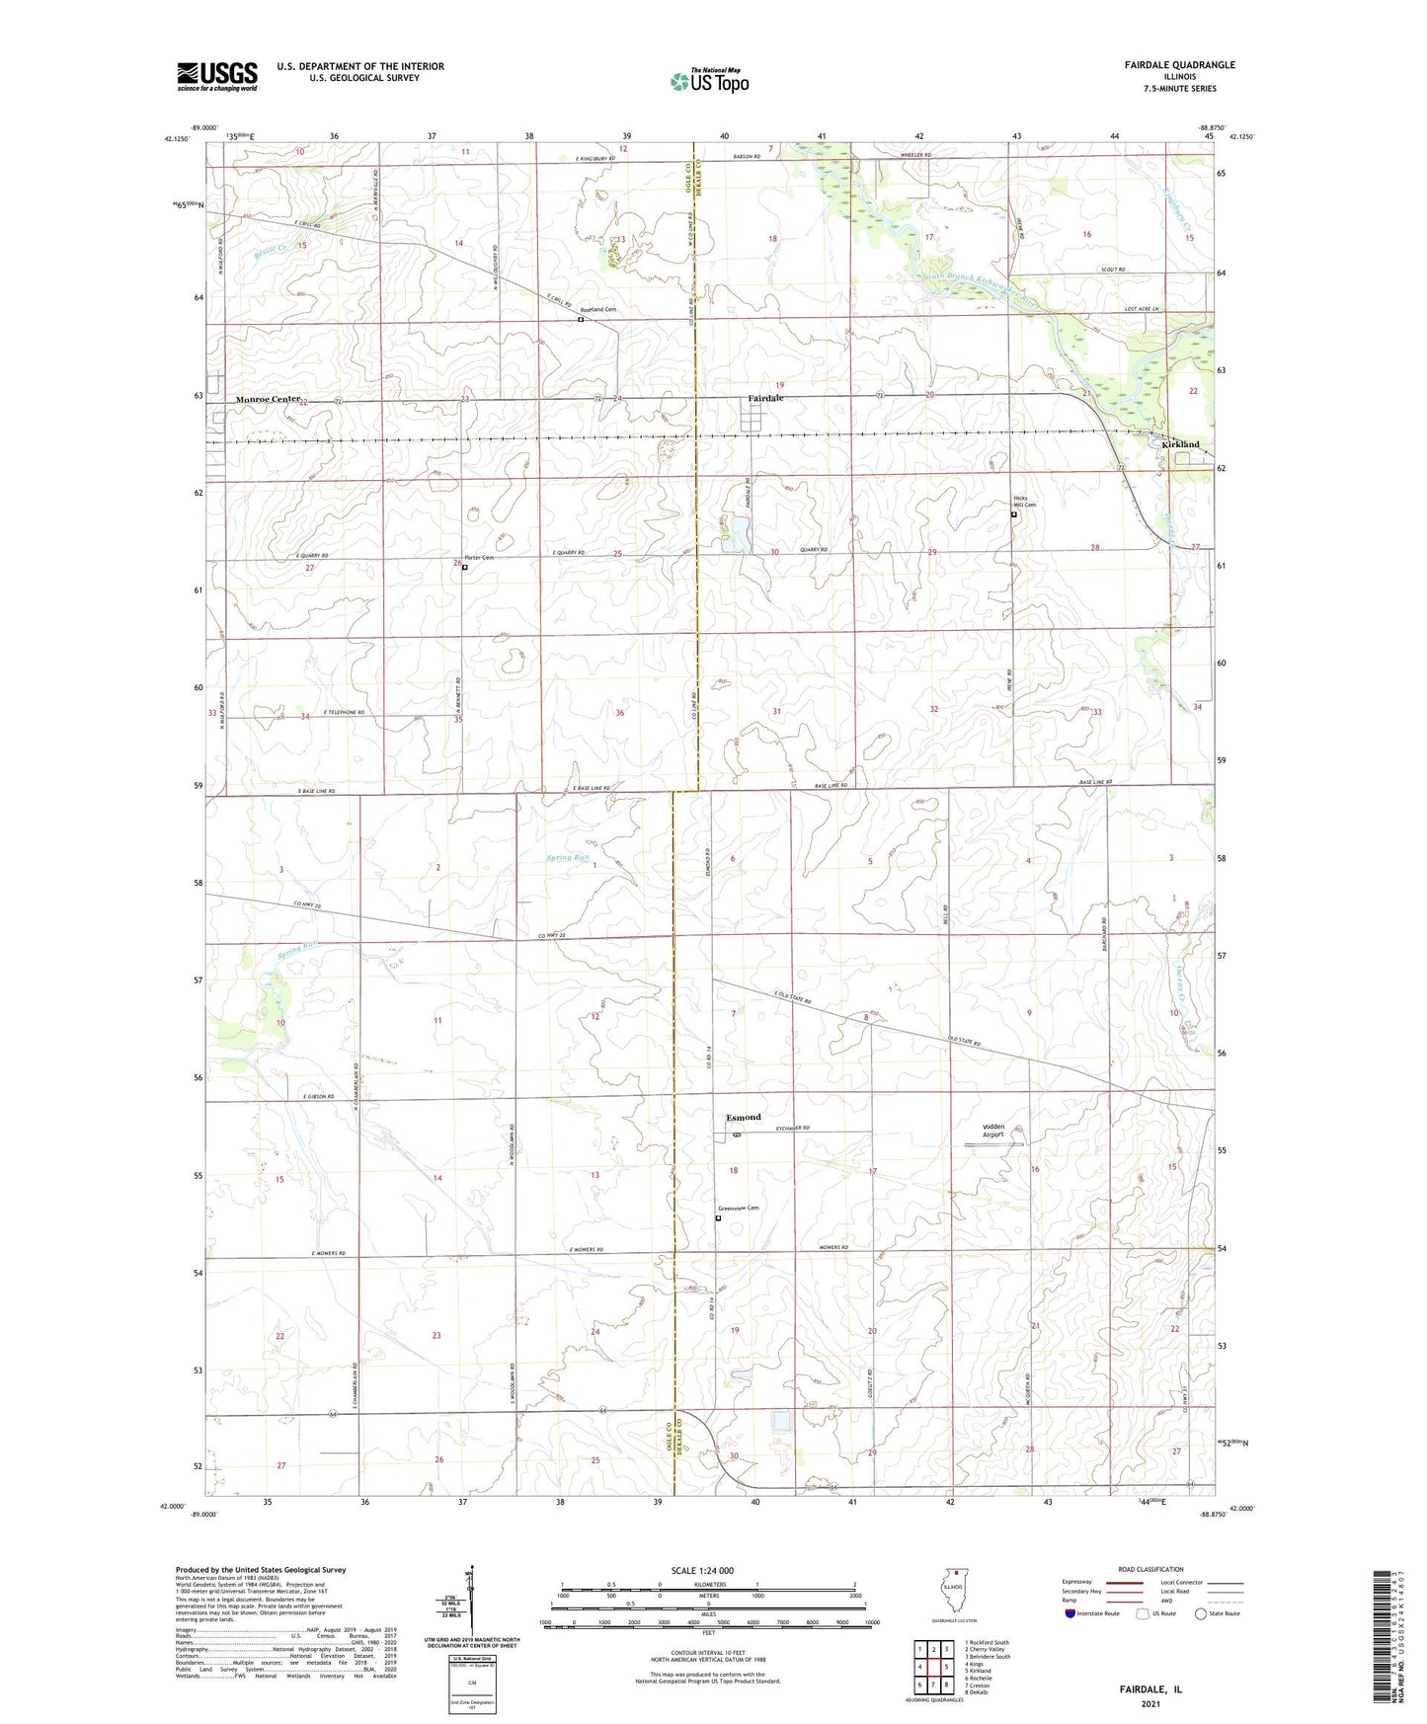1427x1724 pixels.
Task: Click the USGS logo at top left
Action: click(x=216, y=76)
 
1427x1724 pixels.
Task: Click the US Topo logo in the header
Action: click(x=708, y=81)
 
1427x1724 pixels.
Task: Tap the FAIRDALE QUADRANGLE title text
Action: click(x=1179, y=65)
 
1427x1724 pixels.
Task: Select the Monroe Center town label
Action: click(x=267, y=399)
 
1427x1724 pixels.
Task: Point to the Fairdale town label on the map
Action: click(x=765, y=398)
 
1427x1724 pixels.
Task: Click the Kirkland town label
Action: click(x=1180, y=444)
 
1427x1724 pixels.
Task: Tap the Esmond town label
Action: click(x=744, y=1117)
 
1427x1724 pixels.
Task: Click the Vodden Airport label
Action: click(x=992, y=1131)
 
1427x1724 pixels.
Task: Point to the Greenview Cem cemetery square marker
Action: click(x=718, y=1218)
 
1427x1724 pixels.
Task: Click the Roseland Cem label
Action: click(x=598, y=310)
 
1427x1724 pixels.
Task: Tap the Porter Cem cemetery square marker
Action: click(x=464, y=568)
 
